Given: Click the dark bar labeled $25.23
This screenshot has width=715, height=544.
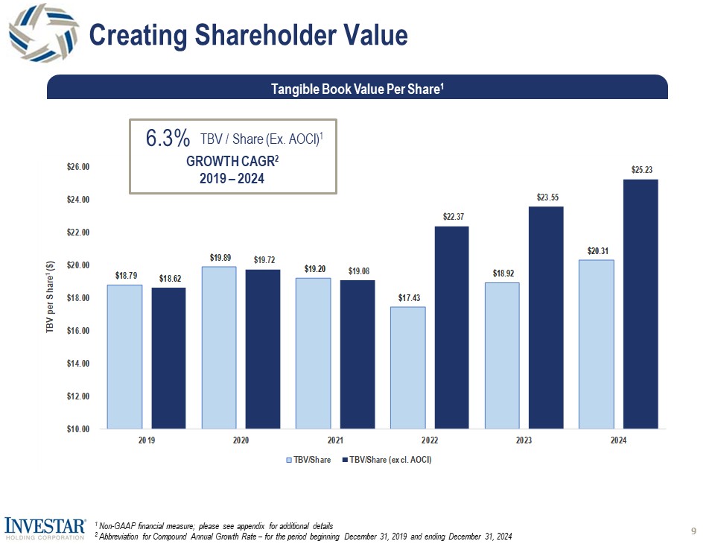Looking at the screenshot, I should tap(641, 304).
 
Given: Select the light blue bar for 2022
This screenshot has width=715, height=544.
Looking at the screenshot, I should tap(407, 367).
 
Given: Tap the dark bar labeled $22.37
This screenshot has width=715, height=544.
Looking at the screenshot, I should tap(451, 327).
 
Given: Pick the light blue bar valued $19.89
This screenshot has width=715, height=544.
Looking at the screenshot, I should tap(219, 347).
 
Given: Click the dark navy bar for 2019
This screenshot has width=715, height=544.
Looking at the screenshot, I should tap(168, 358).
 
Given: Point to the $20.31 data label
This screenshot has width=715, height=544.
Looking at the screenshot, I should tap(596, 250).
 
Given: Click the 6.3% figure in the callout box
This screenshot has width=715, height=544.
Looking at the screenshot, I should tap(168, 139).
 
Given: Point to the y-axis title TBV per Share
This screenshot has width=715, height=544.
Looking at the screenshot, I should tap(50, 298).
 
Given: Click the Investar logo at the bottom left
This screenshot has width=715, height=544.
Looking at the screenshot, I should tap(45, 528).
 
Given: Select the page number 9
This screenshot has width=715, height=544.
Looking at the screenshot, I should tap(694, 531).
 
